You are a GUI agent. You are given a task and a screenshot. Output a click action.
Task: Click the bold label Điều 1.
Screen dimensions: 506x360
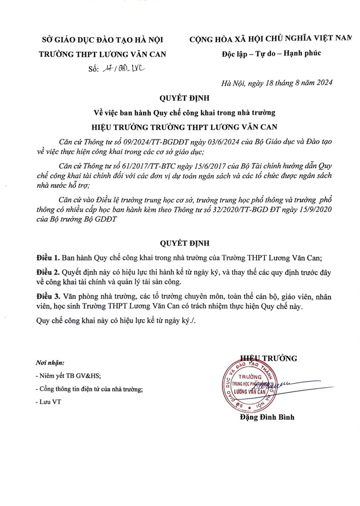click(48, 258)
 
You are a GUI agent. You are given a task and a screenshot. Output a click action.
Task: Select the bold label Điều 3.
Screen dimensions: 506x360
click(48, 296)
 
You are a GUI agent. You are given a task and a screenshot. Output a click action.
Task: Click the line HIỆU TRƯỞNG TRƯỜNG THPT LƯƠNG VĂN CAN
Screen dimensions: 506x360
click(184, 127)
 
